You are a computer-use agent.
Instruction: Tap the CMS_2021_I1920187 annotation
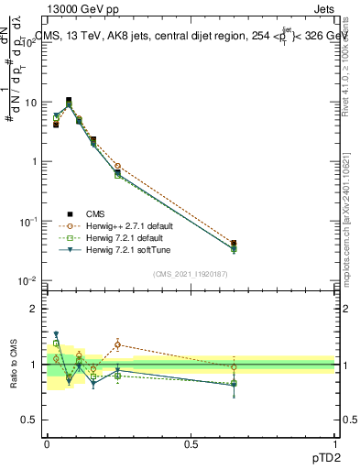coord(190,274)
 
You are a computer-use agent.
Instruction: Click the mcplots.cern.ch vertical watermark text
coord(349,229)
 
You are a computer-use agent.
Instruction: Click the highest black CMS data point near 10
coord(69,101)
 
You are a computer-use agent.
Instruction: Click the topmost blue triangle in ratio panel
coord(56,334)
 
